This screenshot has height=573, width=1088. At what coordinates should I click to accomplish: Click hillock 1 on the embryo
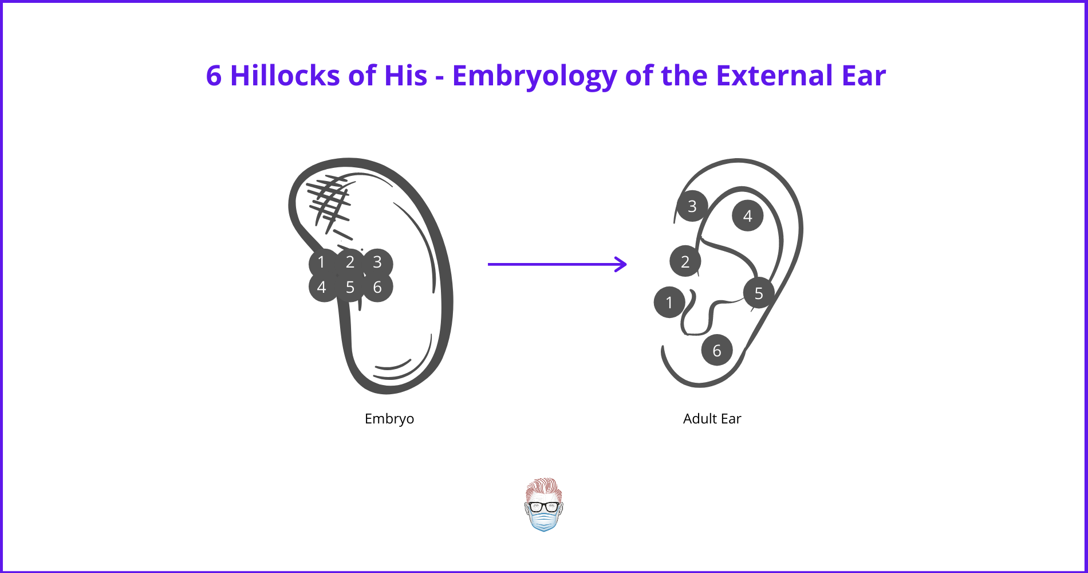pos(322,262)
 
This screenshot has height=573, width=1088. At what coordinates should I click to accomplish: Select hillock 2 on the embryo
pos(350,262)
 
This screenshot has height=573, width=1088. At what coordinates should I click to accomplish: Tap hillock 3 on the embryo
pos(377,262)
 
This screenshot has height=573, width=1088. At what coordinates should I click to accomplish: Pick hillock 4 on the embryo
pos(322,287)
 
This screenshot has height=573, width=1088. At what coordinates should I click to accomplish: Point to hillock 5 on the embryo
pos(350,287)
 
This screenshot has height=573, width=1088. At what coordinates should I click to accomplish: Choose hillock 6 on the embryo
pos(377,287)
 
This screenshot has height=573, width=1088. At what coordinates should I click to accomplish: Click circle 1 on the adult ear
pos(669,302)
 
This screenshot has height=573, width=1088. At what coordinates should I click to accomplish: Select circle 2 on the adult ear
pos(685,261)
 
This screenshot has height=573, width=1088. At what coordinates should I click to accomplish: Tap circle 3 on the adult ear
pos(692,206)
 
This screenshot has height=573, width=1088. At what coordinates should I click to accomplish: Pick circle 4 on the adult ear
pos(747,216)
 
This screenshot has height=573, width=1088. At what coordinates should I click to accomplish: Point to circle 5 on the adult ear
pos(758,293)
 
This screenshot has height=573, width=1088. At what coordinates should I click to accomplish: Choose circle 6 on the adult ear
pos(716,350)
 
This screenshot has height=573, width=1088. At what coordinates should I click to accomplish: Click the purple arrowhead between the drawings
pos(621,264)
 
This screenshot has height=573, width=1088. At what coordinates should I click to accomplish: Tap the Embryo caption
pos(389,419)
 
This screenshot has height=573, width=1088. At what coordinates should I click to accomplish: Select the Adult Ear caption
pos(712,419)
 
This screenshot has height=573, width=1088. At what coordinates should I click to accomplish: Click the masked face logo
pos(543,505)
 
